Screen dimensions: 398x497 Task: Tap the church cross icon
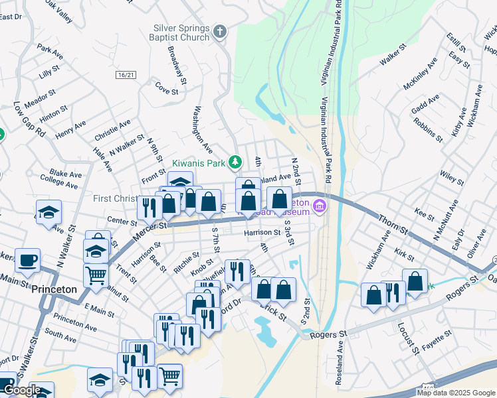point(220,31)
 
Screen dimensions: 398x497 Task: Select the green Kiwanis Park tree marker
point(235,161)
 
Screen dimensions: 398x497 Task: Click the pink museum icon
point(319,207)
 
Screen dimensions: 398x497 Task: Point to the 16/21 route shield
point(124,75)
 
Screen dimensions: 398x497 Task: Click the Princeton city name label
point(54,290)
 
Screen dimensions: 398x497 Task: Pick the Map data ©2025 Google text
point(456,393)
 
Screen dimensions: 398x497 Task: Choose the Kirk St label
point(399,255)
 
